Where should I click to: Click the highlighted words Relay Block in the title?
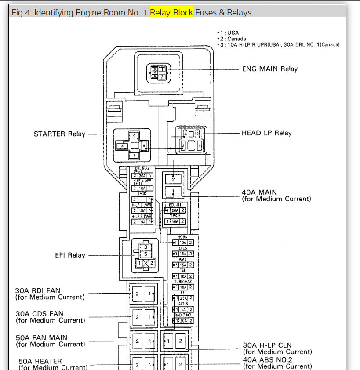(171, 12)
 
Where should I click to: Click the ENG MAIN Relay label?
(269, 69)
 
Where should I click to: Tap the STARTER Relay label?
(59, 134)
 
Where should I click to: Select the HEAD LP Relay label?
(266, 133)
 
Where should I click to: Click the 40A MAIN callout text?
(276, 196)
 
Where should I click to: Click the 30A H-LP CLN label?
(277, 348)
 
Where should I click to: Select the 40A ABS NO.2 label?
(277, 363)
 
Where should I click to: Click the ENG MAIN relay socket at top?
(157, 72)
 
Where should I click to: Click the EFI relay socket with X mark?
(145, 257)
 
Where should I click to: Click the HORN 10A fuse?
(183, 243)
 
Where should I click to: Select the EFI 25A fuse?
(183, 297)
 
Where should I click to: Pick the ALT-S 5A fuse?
(183, 309)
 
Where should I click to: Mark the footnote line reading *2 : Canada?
(232, 39)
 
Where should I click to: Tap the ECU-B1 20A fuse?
(175, 210)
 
